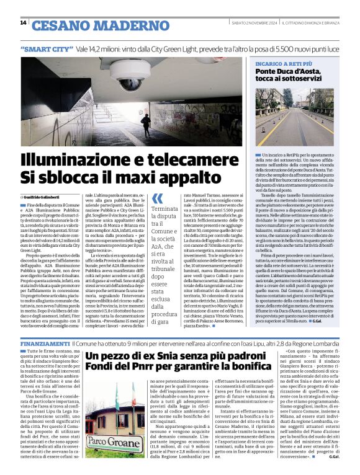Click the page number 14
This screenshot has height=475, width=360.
23,23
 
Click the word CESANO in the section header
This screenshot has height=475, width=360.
59,25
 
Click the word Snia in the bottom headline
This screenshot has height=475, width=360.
174,357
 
